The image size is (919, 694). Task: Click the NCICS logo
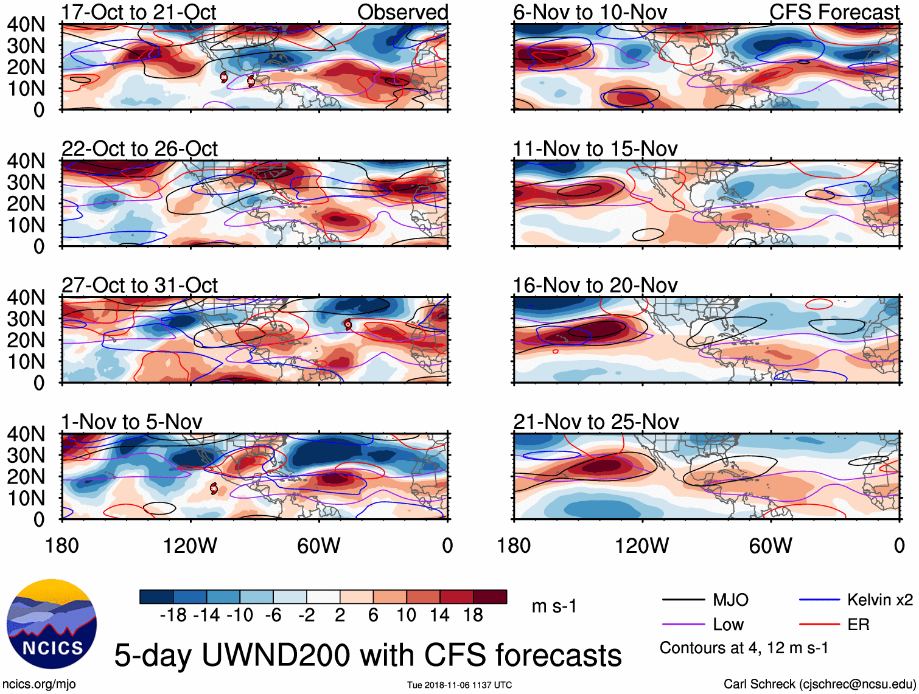click(52, 623)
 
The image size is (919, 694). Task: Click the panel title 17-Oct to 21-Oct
click(139, 12)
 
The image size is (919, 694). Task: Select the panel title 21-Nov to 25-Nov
click(596, 422)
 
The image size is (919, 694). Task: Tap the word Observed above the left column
click(403, 12)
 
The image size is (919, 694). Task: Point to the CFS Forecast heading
click(834, 12)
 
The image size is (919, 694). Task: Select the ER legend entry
click(858, 625)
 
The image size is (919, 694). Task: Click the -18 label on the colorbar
click(173, 616)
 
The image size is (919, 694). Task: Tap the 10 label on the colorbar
click(406, 616)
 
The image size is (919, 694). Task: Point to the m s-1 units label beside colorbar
click(554, 606)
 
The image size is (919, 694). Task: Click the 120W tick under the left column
click(190, 546)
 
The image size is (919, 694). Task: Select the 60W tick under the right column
click(770, 546)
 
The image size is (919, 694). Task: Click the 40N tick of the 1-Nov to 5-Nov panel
click(26, 434)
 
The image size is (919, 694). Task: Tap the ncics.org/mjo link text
click(39, 684)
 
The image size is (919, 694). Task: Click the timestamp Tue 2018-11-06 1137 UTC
click(459, 685)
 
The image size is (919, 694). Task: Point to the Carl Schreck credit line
click(819, 684)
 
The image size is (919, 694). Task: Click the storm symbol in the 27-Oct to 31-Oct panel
click(348, 324)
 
